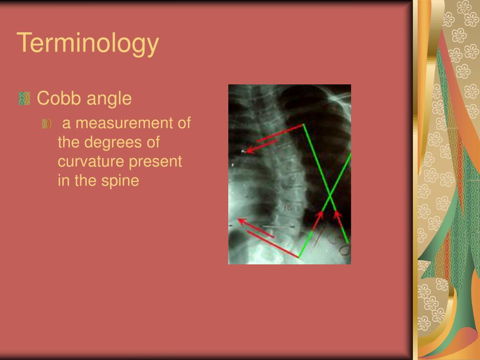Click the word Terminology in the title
click(x=88, y=43)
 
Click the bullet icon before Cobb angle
click(x=25, y=98)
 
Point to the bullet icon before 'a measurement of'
click(x=46, y=124)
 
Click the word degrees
click(x=110, y=142)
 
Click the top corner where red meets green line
click(x=303, y=125)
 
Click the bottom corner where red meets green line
click(x=299, y=257)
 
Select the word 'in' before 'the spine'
click(x=63, y=180)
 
